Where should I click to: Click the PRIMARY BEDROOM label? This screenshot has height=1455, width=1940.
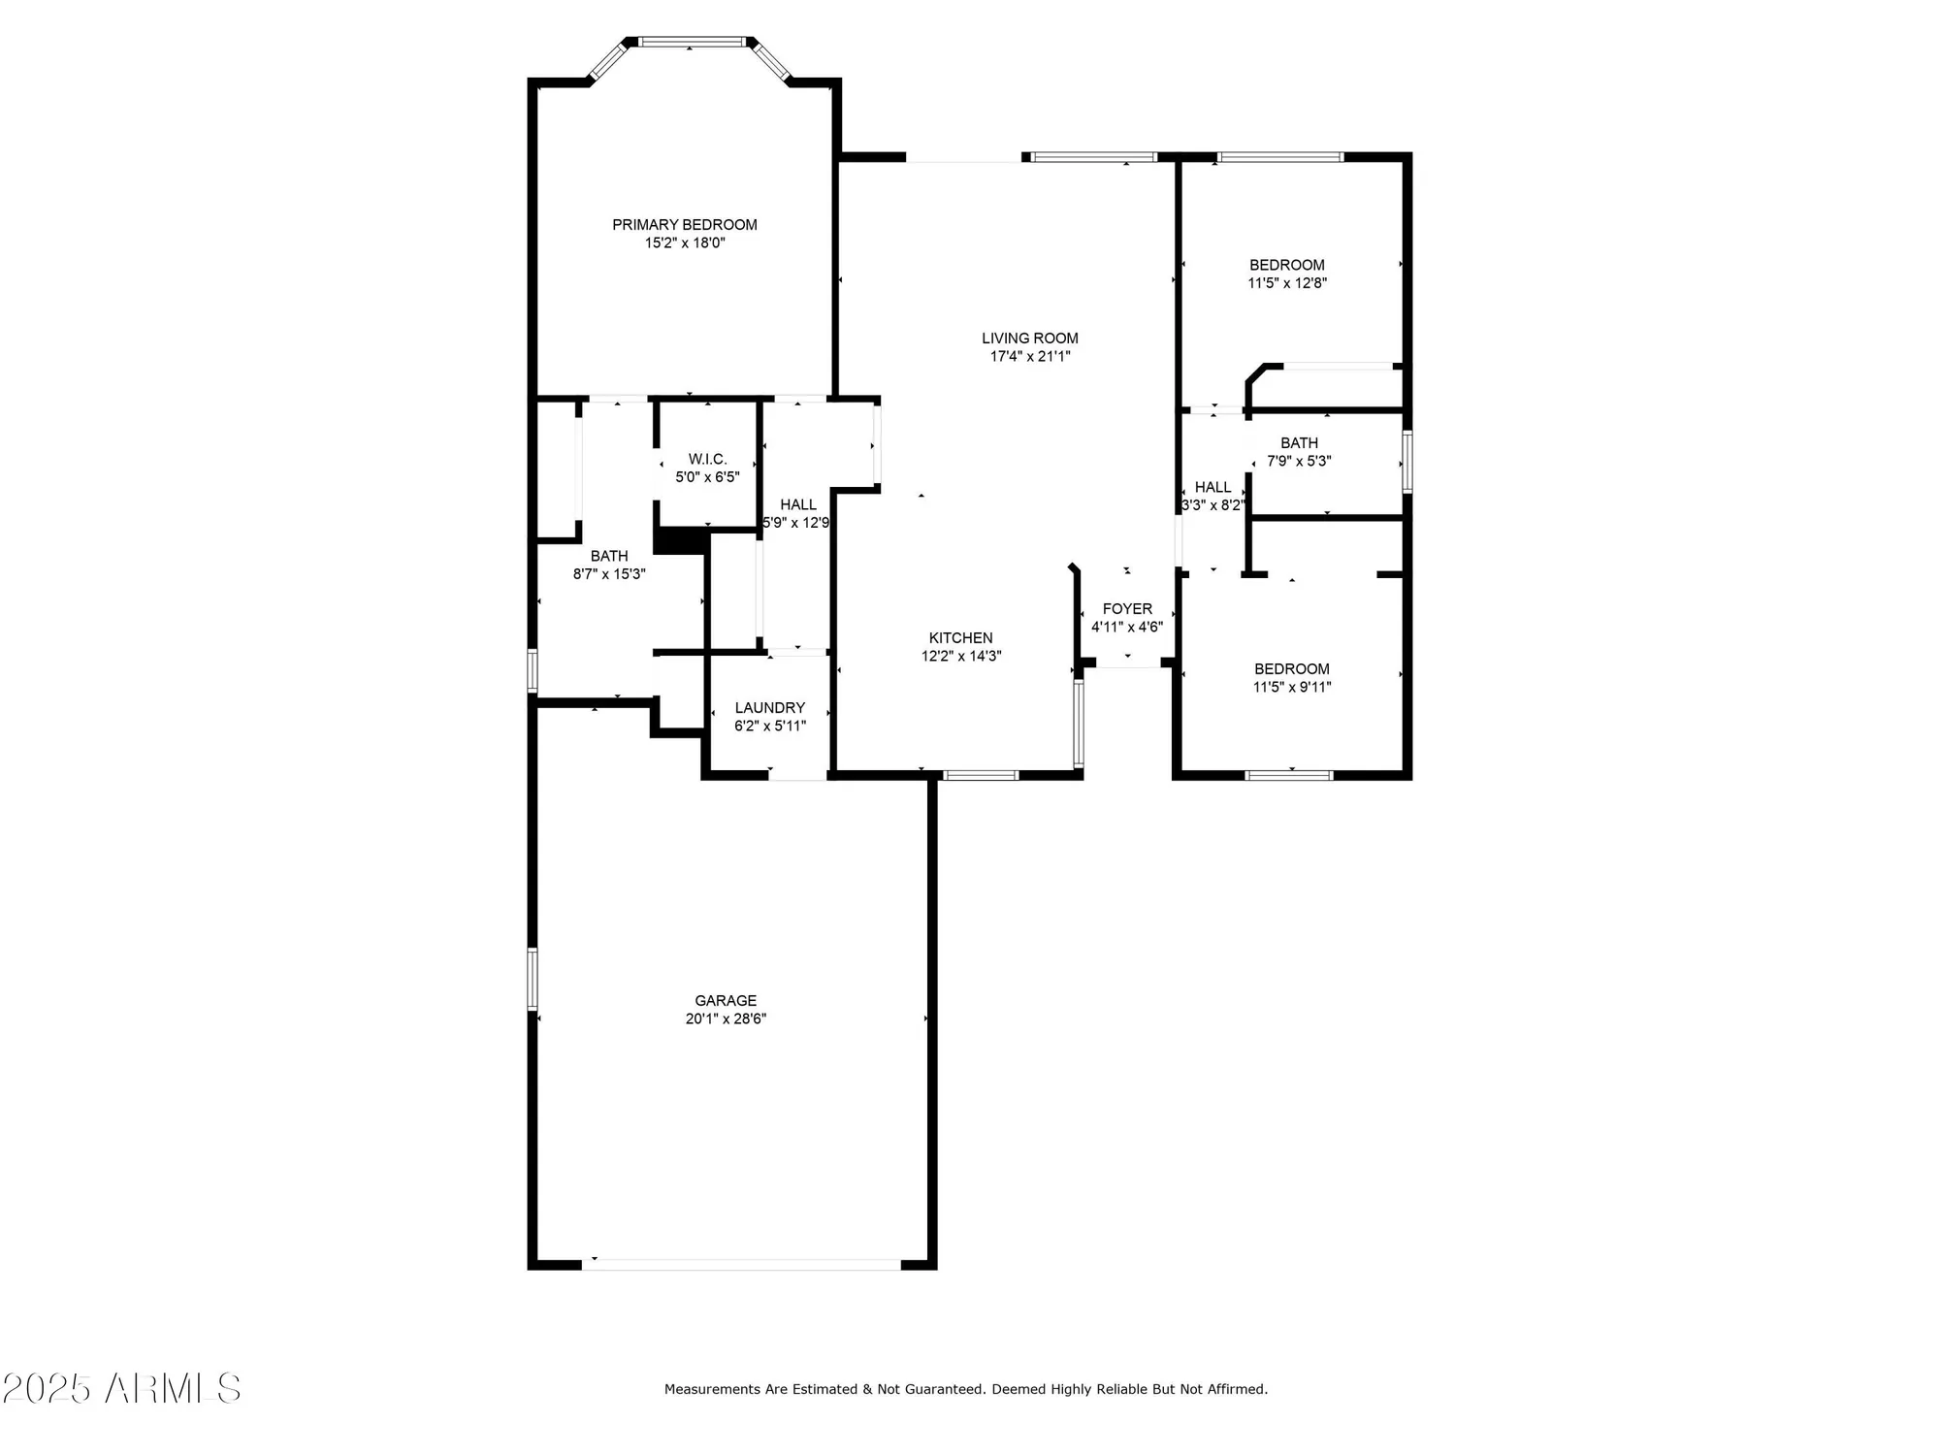pos(684,225)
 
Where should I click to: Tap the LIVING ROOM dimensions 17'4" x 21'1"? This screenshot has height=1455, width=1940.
pos(1029,356)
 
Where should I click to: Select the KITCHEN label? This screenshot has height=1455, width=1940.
pos(960,637)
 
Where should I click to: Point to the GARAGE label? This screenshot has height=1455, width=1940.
pos(725,1000)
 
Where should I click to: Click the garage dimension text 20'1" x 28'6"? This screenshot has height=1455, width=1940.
pos(725,1018)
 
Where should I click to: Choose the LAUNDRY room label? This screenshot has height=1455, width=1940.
pos(769,708)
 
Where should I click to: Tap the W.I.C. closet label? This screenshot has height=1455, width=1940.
pos(707,459)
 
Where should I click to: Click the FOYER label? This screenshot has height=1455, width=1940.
pos(1127,608)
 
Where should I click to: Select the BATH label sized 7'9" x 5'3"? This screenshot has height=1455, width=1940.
pos(1299,443)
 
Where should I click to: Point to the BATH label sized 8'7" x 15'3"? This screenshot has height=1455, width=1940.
pos(609,556)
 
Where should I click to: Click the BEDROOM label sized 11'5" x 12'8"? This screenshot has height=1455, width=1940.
pos(1286,265)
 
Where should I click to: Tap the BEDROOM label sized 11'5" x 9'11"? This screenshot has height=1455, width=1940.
pos(1291,668)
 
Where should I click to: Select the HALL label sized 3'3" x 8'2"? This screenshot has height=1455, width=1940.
pos(1212,487)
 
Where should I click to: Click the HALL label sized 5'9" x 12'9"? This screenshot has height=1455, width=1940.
pos(797,504)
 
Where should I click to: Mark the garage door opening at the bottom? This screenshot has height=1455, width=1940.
pos(742,1264)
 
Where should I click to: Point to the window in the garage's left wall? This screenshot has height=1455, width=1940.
pos(533,979)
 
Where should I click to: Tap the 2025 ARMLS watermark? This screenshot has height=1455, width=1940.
pos(121,1388)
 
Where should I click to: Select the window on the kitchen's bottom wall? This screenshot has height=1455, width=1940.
pos(981,775)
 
